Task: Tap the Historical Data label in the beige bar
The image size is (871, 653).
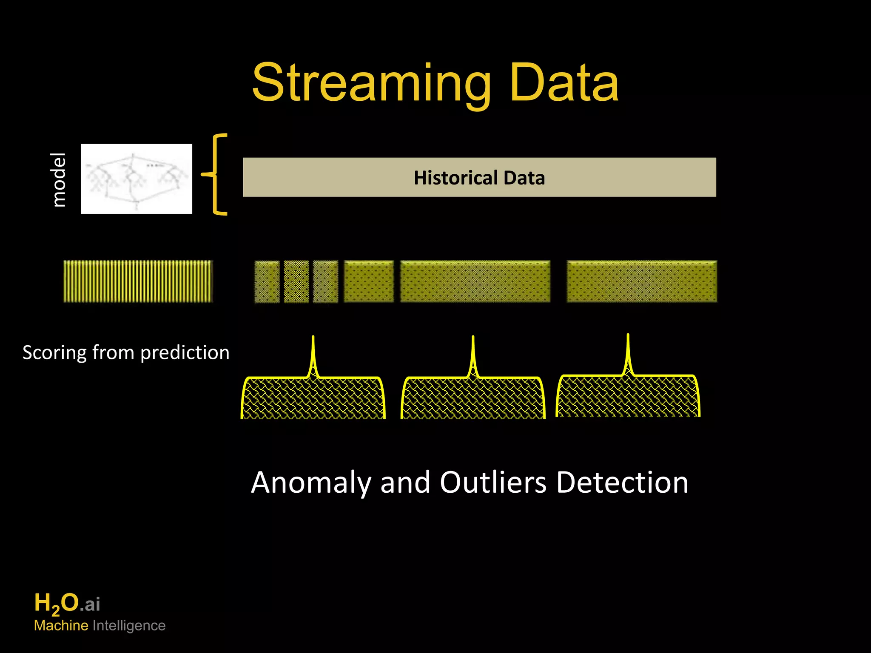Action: point(479,178)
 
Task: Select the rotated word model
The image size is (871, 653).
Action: point(58,179)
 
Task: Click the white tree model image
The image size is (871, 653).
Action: point(137,179)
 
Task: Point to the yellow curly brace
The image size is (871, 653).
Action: point(217,174)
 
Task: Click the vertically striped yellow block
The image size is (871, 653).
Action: point(138,281)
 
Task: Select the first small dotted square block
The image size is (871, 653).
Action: point(267,281)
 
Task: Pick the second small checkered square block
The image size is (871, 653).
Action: point(296,281)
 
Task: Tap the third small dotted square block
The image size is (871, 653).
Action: point(325,281)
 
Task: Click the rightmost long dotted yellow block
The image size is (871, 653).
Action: point(641,281)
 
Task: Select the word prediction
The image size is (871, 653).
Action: point(185,353)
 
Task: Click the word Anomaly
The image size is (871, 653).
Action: point(311,483)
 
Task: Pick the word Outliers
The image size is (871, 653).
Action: point(493,483)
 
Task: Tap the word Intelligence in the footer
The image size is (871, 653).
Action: point(129,626)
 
